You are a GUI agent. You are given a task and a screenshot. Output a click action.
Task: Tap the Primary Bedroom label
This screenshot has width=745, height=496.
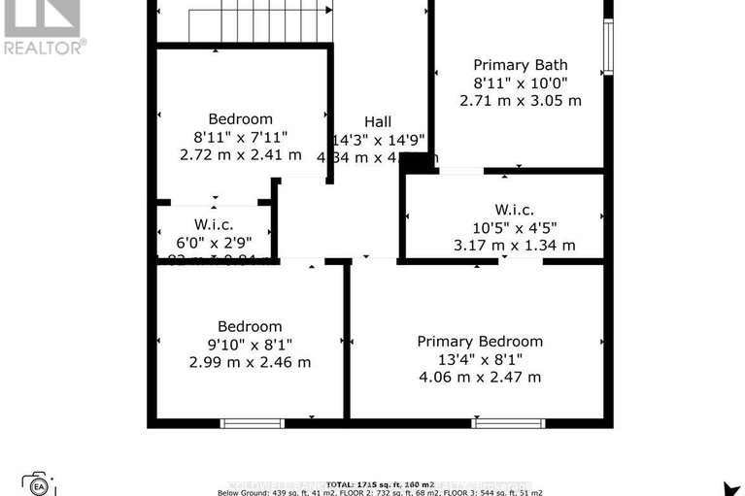[480, 342]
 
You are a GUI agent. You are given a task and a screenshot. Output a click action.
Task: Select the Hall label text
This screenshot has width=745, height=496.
[378, 121]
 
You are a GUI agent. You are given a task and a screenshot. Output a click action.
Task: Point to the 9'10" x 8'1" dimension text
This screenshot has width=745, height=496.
[250, 345]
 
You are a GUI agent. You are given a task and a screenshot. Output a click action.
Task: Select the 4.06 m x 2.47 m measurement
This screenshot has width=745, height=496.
[480, 377]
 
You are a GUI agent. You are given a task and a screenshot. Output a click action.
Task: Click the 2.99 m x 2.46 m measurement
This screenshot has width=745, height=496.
[250, 362]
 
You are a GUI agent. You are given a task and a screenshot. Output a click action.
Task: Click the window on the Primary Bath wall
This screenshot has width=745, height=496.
[607, 47]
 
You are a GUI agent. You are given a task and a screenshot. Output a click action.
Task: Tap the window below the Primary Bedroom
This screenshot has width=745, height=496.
[508, 423]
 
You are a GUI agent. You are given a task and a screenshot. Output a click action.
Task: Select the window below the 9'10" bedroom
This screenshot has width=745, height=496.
[252, 423]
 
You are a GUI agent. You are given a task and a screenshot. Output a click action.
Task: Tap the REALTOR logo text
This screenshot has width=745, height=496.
[44, 46]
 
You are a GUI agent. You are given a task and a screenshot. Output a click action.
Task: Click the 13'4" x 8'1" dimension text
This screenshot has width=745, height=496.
[480, 359]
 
